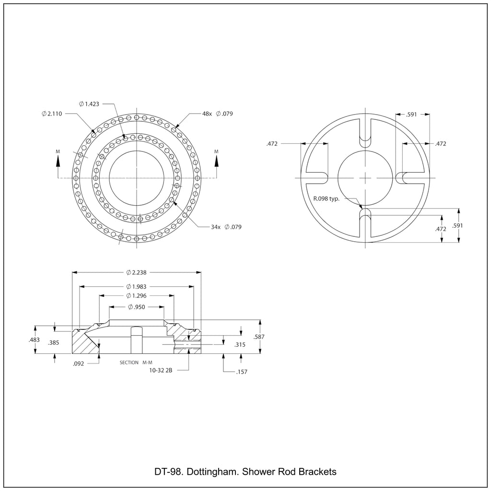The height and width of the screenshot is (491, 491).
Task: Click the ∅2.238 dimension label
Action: (x=136, y=272)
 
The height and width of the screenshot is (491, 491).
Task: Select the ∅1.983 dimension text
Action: (x=136, y=287)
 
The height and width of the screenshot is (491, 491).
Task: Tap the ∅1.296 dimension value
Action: (x=136, y=295)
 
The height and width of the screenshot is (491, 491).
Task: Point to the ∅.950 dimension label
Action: (x=137, y=307)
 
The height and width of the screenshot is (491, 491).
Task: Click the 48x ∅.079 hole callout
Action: (x=218, y=114)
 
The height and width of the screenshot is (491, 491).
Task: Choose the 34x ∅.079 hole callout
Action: (x=226, y=227)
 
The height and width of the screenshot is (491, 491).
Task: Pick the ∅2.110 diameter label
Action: (x=52, y=114)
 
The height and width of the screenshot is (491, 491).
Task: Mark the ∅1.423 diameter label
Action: (x=89, y=104)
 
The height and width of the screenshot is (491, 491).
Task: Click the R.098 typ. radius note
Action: (x=326, y=199)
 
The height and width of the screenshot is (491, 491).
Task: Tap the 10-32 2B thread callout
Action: (x=161, y=371)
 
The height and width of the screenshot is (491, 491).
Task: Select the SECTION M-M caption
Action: (x=136, y=362)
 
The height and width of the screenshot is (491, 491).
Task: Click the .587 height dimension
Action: (x=259, y=337)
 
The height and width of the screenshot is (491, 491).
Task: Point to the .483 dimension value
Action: (x=34, y=340)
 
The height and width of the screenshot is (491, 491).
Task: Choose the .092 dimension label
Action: (x=78, y=364)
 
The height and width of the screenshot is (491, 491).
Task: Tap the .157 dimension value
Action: (x=242, y=372)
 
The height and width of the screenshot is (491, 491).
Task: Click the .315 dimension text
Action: (x=240, y=345)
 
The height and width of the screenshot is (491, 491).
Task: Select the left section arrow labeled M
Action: (x=58, y=163)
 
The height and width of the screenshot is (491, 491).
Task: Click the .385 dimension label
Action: (x=54, y=342)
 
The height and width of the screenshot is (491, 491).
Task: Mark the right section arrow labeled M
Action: (x=216, y=163)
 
